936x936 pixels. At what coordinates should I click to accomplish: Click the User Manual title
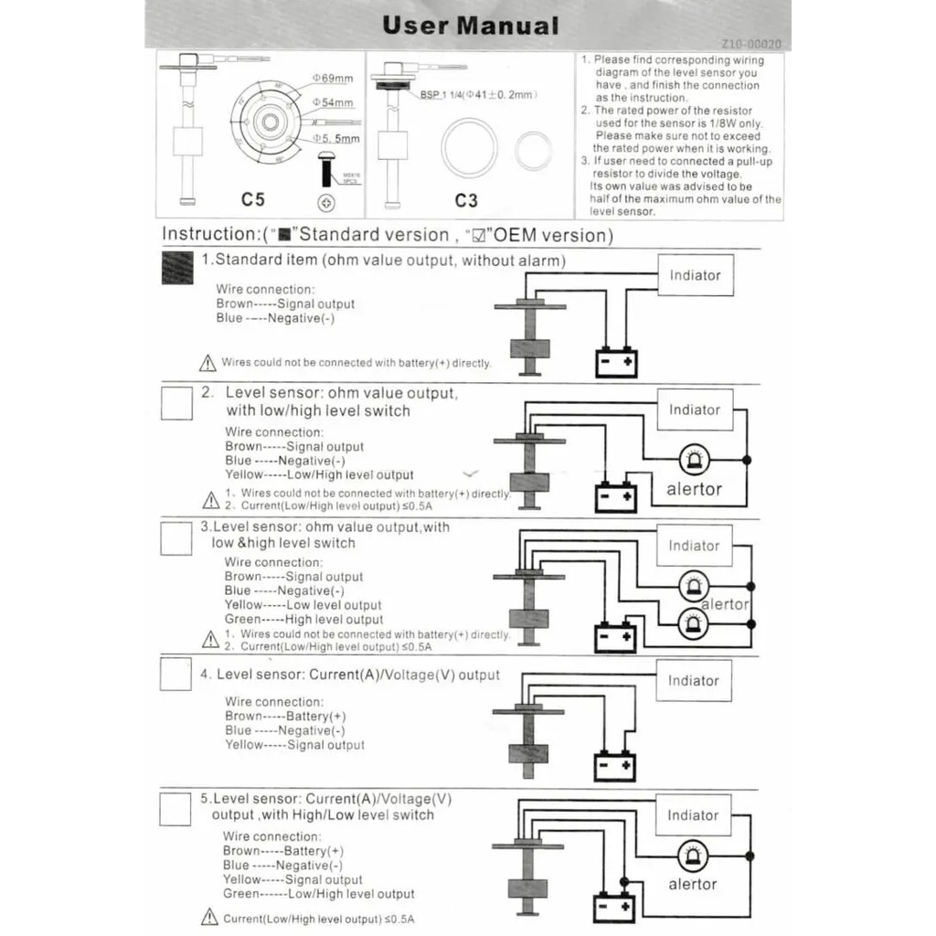point(470,25)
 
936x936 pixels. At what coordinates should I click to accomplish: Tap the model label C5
point(252,198)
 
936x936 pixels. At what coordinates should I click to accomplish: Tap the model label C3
point(466,198)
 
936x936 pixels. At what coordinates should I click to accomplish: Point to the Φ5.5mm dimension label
point(336,139)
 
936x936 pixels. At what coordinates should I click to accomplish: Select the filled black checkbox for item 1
point(177,268)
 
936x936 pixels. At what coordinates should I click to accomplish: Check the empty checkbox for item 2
point(176,403)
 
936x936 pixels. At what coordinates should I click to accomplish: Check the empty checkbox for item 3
point(176,538)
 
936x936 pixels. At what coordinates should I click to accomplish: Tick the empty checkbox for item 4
point(175,674)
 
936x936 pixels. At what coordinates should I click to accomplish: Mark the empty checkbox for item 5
point(175,809)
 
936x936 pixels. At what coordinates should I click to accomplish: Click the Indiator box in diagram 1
point(696,275)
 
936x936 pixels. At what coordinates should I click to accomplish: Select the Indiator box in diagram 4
point(694,681)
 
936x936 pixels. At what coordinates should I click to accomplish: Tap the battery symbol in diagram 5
point(614,907)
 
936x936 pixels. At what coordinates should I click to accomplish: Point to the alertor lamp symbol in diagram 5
point(692,857)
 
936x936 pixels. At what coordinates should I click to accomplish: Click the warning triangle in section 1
point(207,363)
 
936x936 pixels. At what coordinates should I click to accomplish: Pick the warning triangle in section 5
point(209,918)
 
